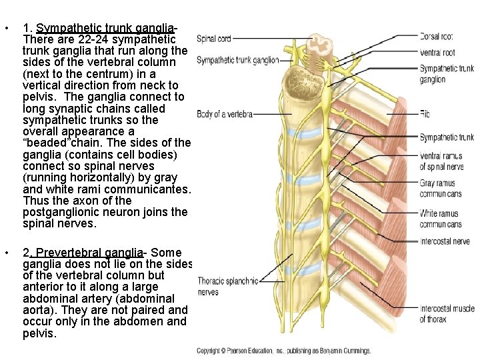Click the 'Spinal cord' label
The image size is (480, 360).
pyautogui.click(x=213, y=39)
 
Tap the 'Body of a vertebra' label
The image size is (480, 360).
pyautogui.click(x=225, y=115)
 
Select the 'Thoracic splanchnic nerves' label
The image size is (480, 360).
pyautogui.click(x=227, y=286)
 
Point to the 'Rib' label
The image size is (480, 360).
pyautogui.click(x=425, y=114)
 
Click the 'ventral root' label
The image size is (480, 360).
pyautogui.click(x=437, y=52)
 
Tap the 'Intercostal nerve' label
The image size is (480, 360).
pyautogui.click(x=445, y=241)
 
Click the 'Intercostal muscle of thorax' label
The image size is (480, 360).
pyautogui.click(x=446, y=313)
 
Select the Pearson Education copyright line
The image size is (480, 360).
pyautogui.click(x=283, y=351)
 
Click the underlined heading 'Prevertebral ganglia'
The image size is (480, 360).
pyautogui.click(x=89, y=253)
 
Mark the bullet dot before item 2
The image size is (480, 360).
pyautogui.click(x=6, y=253)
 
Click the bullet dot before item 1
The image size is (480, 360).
pyautogui.click(x=6, y=29)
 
